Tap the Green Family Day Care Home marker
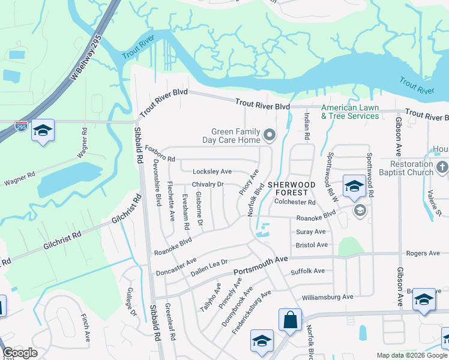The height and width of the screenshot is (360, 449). pyautogui.click(x=270, y=135)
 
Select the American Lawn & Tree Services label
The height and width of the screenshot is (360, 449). pyautogui.click(x=350, y=112)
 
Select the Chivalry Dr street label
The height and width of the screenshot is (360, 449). pyautogui.click(x=208, y=184)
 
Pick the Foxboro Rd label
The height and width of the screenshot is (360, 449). pyautogui.click(x=160, y=155)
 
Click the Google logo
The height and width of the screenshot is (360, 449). pyautogui.click(x=20, y=353)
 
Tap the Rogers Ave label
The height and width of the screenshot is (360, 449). pyautogui.click(x=424, y=253)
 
